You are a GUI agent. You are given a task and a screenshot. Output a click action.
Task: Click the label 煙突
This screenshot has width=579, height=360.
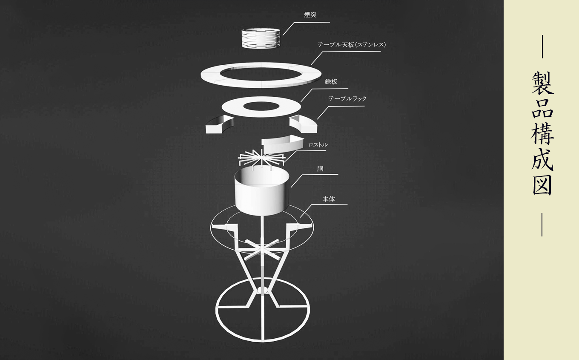(310, 15)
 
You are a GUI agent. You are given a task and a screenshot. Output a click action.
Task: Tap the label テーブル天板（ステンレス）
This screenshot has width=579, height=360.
(352, 45)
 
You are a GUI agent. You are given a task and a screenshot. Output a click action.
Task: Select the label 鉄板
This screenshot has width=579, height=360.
(331, 82)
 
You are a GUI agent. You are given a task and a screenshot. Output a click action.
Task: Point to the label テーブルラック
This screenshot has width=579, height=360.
(347, 98)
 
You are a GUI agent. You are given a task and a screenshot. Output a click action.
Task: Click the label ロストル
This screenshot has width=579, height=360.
(318, 145)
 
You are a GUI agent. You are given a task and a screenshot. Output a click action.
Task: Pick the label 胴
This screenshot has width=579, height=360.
(320, 169)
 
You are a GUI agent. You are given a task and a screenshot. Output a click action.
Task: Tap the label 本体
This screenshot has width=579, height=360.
(329, 199)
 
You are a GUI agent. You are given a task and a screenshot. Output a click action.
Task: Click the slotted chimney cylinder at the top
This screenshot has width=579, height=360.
(261, 38)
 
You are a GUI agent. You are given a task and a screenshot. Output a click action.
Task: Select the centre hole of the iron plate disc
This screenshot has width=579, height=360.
(261, 106)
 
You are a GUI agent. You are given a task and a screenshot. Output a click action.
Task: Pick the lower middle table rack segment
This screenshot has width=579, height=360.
(282, 144)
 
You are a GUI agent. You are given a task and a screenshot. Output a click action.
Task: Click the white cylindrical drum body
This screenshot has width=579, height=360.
(261, 190)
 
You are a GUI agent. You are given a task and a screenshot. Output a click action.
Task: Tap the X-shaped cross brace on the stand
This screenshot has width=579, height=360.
(262, 250)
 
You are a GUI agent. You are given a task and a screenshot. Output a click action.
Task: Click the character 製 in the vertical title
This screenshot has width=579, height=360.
(542, 83)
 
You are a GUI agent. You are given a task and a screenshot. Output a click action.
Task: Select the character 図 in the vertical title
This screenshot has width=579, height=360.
(542, 185)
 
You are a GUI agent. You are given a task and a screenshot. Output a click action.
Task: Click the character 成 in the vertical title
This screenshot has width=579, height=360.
(542, 160)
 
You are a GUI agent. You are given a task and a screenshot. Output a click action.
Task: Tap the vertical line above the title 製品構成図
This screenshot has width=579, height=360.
(542, 46)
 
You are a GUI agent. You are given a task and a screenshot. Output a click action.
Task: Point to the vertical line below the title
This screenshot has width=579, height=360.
(542, 225)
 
